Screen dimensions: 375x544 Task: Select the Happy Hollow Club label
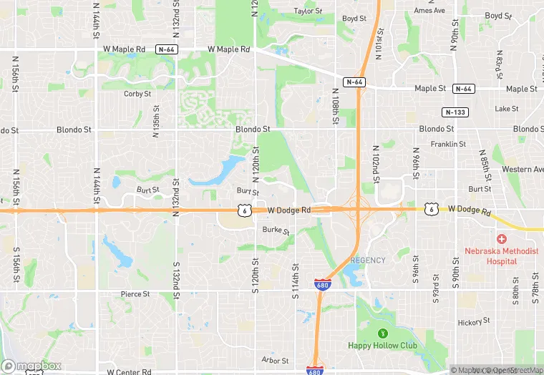tap(383, 345)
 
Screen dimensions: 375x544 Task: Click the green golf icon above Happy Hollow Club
tap(382, 333)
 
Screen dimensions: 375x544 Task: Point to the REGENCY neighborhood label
tap(368, 260)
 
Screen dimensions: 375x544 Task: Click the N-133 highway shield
tap(455, 112)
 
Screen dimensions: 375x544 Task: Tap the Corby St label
tap(137, 94)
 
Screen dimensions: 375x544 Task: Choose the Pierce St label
tap(135, 294)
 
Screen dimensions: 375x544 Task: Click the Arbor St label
tap(275, 361)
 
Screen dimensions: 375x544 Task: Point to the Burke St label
tap(276, 230)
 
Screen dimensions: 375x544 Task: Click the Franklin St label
tap(448, 144)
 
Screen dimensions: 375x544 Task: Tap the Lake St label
tap(506, 109)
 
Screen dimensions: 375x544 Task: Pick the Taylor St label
tap(309, 11)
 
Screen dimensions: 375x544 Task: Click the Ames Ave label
tap(429, 11)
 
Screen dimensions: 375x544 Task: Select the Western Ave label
tap(523, 170)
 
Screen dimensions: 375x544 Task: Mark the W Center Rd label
tap(129, 372)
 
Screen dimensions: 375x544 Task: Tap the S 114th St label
tap(294, 275)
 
